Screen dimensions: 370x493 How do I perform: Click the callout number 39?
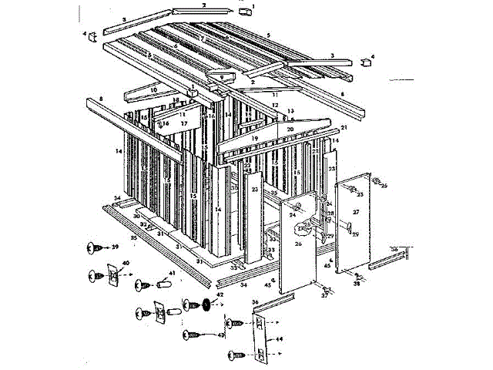point(115,247)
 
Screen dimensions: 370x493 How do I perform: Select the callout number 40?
point(126,264)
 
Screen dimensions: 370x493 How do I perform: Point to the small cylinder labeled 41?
point(163,284)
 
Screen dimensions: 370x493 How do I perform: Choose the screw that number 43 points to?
point(193,335)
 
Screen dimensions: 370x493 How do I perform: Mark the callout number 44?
point(279,338)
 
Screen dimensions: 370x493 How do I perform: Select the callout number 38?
point(357,284)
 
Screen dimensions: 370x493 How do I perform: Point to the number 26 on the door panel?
point(298,244)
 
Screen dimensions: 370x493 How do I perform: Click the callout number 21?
point(344,127)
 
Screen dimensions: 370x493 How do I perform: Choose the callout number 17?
point(183,123)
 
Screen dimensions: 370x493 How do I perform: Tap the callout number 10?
point(153,89)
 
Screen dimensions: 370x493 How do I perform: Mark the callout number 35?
point(134,239)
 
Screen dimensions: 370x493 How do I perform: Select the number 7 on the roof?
point(201,39)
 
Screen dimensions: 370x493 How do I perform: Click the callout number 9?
point(221,77)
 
